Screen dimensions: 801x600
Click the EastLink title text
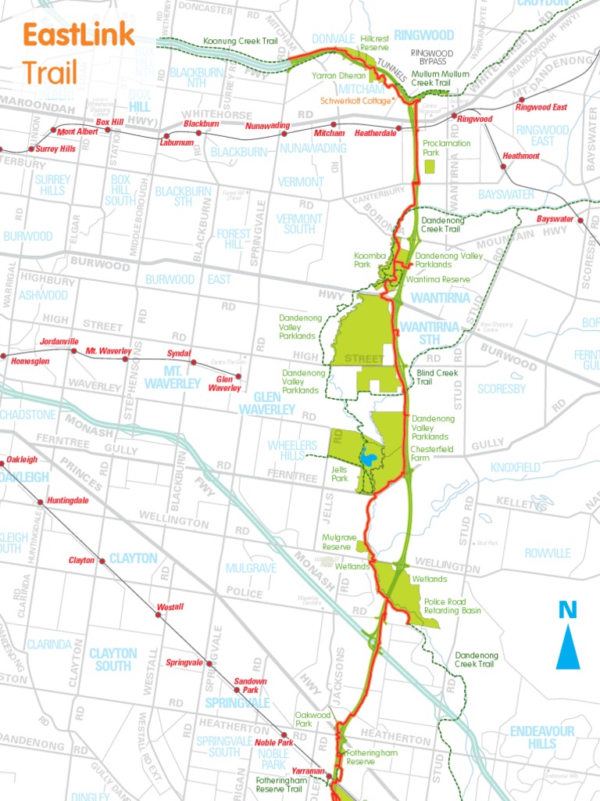point(78,36)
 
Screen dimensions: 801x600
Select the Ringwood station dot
point(454,117)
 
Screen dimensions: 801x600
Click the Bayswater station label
point(555,219)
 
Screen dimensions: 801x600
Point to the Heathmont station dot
point(503,166)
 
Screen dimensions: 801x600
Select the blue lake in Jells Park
point(367,458)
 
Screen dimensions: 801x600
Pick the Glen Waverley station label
point(224,383)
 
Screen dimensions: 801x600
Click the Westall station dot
point(158,615)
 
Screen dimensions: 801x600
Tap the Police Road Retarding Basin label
point(452,605)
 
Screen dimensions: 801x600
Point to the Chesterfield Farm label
point(430,454)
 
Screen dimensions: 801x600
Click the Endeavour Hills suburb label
point(541,737)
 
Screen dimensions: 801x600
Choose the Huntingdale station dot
point(41,501)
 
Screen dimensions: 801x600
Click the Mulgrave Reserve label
point(339,542)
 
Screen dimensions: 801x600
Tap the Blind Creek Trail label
point(437,377)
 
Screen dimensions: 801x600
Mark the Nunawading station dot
point(284,134)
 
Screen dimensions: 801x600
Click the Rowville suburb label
point(548,553)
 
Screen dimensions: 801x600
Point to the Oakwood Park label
point(312,720)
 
